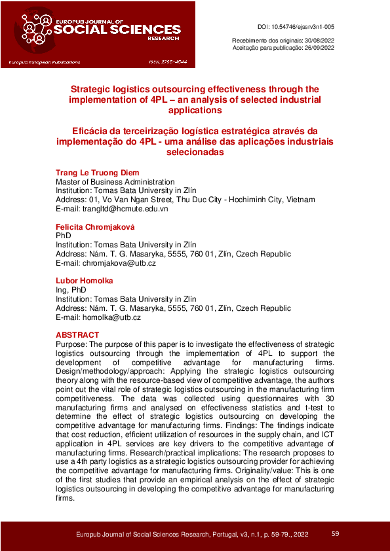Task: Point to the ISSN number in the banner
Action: coord(168,62)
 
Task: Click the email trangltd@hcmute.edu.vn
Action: coord(112,209)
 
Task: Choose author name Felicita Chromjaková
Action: coord(94,226)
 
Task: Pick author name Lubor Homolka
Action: coord(85,281)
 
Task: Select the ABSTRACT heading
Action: coord(77,335)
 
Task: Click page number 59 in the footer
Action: coord(335,534)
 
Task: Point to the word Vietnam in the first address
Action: coord(301,200)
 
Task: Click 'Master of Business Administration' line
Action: coord(115,182)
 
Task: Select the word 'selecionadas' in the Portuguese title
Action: coord(195,152)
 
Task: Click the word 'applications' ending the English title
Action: coord(195,111)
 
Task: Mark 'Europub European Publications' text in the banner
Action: coord(45,62)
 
